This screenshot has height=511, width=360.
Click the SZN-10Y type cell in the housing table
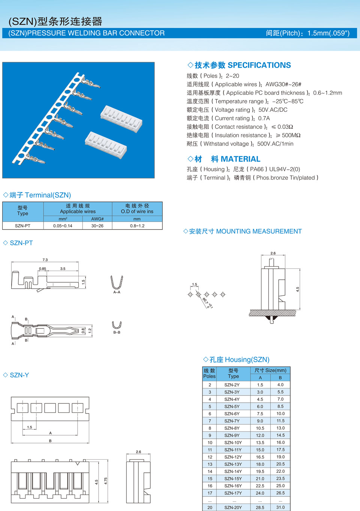click(x=233, y=442)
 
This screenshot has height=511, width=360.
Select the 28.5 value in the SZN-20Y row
click(x=260, y=507)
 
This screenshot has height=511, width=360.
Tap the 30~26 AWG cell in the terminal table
click(x=97, y=226)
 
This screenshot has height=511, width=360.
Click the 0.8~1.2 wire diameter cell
click(x=137, y=226)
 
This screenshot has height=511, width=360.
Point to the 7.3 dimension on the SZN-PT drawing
click(x=45, y=259)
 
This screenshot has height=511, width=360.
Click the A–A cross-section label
click(x=117, y=292)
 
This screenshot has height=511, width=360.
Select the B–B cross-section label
click(x=117, y=332)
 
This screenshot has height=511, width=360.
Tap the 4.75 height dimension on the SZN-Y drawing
click(x=106, y=481)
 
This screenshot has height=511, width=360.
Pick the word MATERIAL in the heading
click(x=240, y=159)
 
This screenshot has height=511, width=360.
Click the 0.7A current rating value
click(x=264, y=118)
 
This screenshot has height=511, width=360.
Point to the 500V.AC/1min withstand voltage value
click(x=275, y=144)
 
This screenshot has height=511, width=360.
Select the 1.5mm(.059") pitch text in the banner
click(x=328, y=33)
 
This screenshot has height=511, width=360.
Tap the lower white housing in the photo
click(x=106, y=144)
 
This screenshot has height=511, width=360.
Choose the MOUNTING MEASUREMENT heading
click(x=259, y=231)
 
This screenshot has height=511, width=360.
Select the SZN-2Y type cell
click(x=232, y=385)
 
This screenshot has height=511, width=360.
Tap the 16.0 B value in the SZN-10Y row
click(x=280, y=442)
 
